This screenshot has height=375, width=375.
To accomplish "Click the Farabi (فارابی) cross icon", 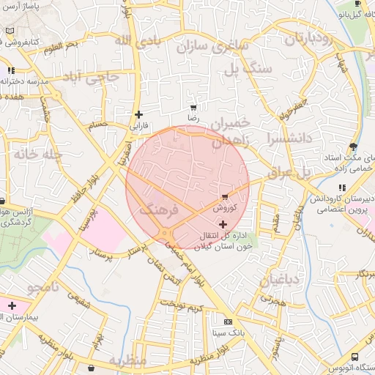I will click(138, 114).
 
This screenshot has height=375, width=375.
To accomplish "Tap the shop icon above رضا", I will click(193, 107).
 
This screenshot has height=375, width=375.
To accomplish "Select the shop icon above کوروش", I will click(224, 197).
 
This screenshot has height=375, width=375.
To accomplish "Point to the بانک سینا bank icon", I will click(228, 322).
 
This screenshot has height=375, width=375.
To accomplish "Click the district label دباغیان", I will click(280, 279).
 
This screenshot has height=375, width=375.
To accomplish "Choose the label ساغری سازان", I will click(212, 48).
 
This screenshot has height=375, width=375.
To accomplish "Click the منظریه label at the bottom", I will click(128, 361).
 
